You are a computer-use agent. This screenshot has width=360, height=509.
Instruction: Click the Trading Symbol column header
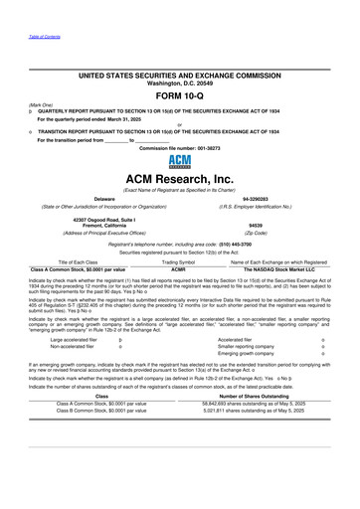click(x=179, y=261)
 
